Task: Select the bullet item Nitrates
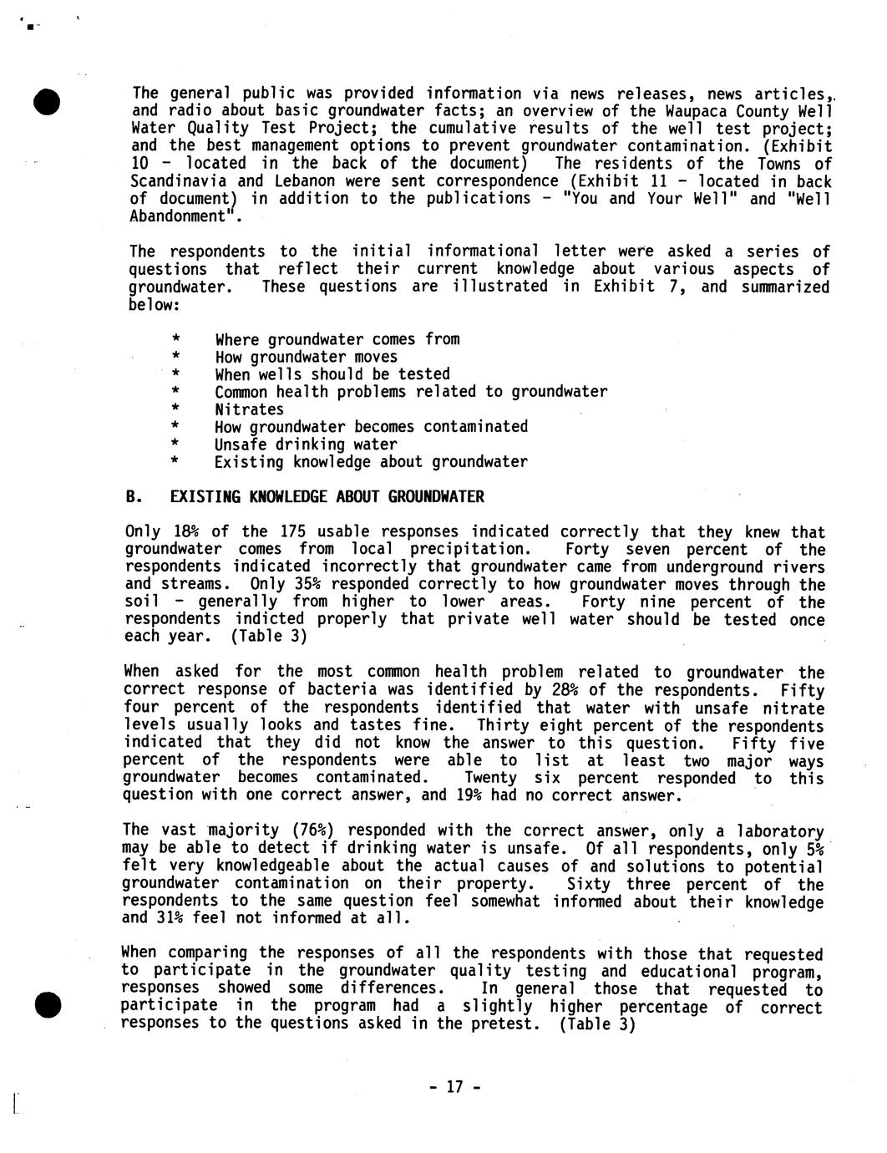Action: click(x=249, y=409)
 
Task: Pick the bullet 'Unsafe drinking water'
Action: click(x=306, y=444)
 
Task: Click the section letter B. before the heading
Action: click(x=132, y=497)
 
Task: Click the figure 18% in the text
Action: click(x=186, y=532)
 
